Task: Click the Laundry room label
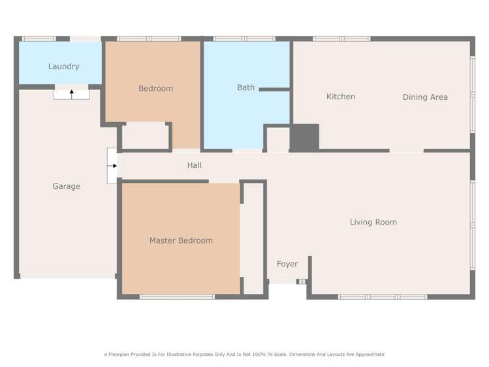[63, 66]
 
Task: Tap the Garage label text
[66, 186]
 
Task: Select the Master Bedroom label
[181, 240]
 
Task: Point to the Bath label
[245, 88]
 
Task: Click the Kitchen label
[340, 97]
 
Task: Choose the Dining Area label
[424, 97]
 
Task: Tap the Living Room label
[373, 222]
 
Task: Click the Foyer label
[287, 264]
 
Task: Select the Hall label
[194, 165]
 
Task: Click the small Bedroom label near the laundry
[155, 88]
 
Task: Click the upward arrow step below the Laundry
[71, 93]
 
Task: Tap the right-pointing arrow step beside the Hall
[113, 166]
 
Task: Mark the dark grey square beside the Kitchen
[304, 137]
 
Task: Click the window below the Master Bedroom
[177, 297]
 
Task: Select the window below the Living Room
[383, 297]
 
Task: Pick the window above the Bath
[244, 39]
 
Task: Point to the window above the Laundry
[39, 39]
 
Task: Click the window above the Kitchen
[341, 39]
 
